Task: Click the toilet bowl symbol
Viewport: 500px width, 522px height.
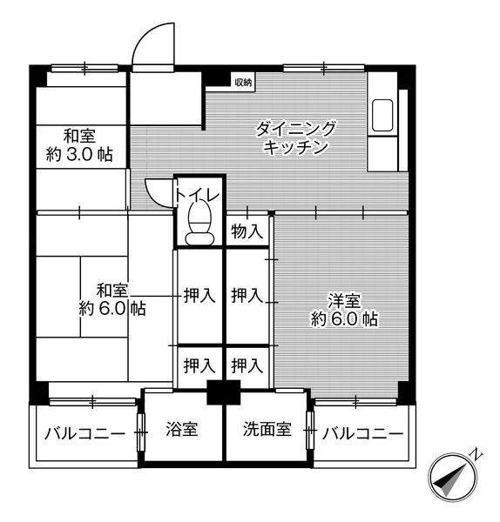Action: [x=200, y=221]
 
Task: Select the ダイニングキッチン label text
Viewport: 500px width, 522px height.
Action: [x=296, y=137]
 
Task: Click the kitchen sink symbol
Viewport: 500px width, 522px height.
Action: [x=383, y=117]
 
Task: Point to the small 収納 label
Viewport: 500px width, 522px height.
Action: [x=242, y=83]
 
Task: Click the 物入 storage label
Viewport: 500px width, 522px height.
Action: [x=247, y=231]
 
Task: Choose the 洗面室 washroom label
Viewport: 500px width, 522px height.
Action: [x=266, y=430]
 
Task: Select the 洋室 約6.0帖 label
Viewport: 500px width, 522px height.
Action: [x=344, y=310]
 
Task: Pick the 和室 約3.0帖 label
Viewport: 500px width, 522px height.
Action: [x=78, y=145]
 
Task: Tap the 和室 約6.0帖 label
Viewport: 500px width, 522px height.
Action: [x=111, y=298]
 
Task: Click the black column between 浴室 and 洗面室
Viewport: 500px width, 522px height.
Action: [x=224, y=391]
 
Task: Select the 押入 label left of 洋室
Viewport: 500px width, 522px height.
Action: [x=247, y=296]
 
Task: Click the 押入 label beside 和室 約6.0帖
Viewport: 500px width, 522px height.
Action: [x=199, y=296]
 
